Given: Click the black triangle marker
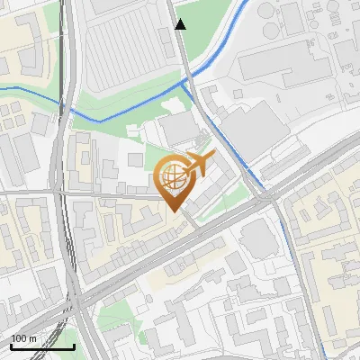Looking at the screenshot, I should [181, 24].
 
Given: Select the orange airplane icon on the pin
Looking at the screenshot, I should [198, 165].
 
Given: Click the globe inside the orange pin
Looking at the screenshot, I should [174, 177].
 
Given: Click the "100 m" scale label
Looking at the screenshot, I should [24, 338].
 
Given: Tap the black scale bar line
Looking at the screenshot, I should [42, 346].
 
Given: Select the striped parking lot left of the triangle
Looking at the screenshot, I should [130, 49].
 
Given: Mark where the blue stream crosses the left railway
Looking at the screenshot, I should [68, 109].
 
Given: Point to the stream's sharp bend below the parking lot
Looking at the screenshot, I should [97, 119].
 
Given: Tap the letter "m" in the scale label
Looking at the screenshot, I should [33, 338].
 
